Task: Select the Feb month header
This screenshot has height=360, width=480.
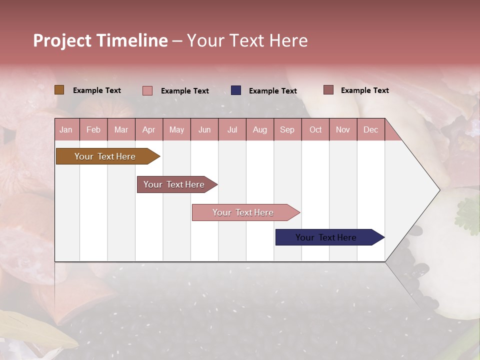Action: coord(93,129)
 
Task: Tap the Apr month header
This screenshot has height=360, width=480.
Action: coord(149,129)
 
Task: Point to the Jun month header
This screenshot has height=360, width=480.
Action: coord(204,129)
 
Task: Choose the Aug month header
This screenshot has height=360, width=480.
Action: coord(260,129)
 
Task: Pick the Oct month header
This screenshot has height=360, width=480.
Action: coord(315,129)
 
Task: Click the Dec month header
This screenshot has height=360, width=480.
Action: coord(370,129)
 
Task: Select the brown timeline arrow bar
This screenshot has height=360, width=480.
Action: coord(108,156)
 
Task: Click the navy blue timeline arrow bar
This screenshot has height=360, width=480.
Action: coord(330,237)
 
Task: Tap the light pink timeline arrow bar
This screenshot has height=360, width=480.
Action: coord(246,212)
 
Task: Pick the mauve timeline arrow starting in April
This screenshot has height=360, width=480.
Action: coord(177,184)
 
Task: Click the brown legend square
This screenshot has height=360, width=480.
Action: coord(59,90)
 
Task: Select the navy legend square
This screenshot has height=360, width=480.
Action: coord(236,90)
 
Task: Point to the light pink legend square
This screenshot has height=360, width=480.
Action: coord(147,90)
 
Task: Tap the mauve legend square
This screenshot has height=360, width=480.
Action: coord(328,90)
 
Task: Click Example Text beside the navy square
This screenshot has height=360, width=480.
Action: coord(273,91)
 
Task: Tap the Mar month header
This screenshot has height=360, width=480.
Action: coord(121,129)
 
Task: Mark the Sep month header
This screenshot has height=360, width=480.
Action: coord(287,129)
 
